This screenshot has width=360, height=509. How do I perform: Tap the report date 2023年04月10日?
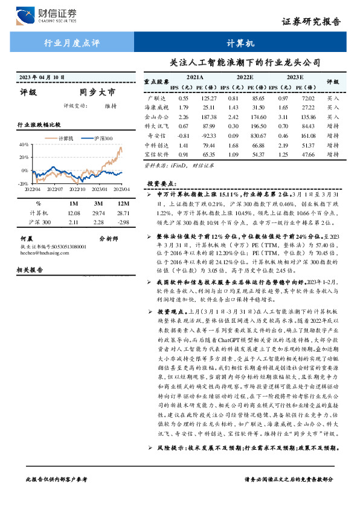(x=42, y=77)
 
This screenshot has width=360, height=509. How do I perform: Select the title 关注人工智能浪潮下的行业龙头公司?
(x=244, y=62)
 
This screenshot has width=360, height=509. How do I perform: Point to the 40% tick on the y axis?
(x=24, y=144)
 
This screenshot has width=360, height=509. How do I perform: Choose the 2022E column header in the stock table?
(x=245, y=78)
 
